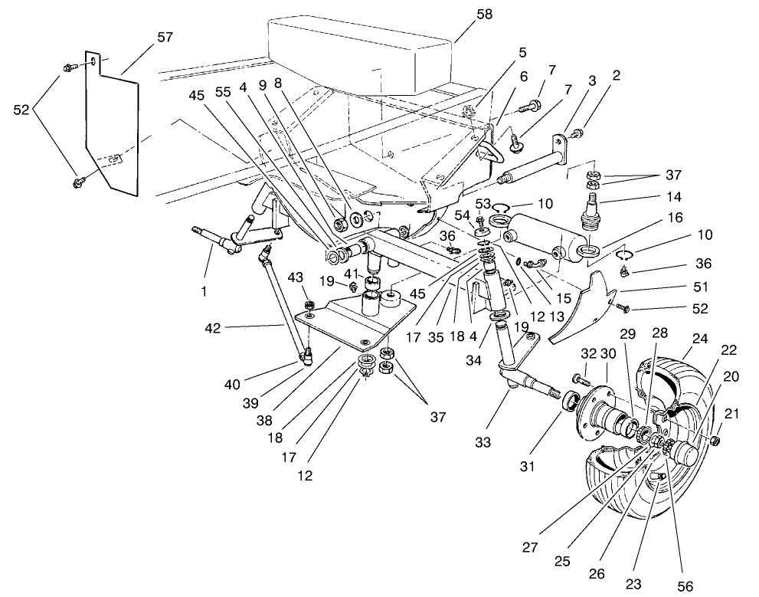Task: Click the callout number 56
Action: coord(684,585)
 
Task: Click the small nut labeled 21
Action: coord(714,441)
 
